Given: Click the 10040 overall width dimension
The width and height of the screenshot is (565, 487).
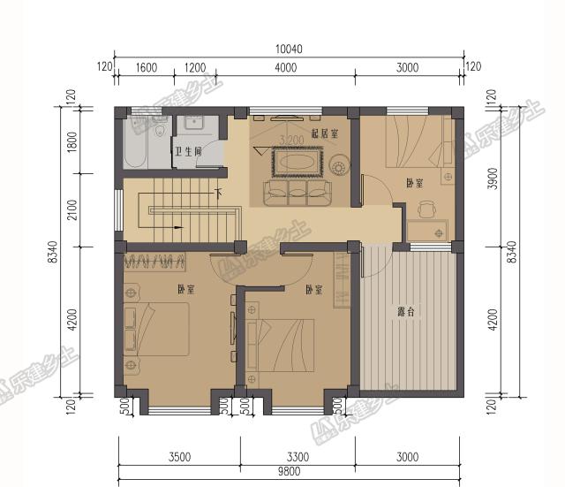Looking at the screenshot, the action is (289, 49).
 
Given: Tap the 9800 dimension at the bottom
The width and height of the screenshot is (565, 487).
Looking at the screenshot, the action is (289, 471).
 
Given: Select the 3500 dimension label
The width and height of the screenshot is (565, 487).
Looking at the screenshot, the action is (179, 457).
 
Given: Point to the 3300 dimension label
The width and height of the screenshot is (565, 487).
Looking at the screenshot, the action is (298, 457).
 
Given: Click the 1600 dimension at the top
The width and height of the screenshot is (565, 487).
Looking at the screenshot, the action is (147, 67).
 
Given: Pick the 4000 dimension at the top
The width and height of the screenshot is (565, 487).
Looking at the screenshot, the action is (286, 67).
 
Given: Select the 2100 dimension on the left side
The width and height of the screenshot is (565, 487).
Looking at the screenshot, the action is (72, 210).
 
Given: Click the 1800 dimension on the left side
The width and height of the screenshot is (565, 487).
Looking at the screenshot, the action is (72, 141).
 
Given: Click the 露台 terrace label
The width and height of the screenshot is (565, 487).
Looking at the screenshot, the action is (406, 311).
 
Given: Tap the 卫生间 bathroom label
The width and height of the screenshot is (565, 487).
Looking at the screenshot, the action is (188, 151).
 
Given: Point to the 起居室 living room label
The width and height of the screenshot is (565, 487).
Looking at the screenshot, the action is (325, 133).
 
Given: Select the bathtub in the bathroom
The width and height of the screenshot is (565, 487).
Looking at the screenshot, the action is (135, 143).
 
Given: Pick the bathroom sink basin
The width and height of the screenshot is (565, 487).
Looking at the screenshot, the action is (194, 122).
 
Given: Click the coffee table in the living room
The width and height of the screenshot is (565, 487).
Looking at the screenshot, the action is (297, 162).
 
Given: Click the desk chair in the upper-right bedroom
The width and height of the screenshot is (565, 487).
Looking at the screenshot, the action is (427, 209).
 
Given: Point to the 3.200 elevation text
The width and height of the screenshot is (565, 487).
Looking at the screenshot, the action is (291, 140).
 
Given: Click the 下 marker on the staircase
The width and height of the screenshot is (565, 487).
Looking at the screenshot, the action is (218, 194).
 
